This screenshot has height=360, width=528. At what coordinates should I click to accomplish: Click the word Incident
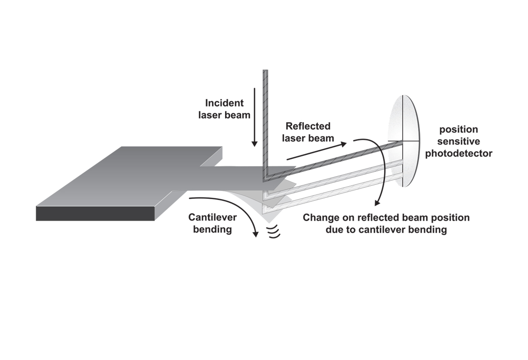pyautogui.click(x=224, y=103)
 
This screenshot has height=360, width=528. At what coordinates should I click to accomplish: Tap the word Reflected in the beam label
pyautogui.click(x=308, y=126)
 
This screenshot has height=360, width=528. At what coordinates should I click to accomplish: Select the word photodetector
pyautogui.click(x=458, y=154)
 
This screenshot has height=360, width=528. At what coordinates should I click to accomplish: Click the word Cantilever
pyautogui.click(x=213, y=217)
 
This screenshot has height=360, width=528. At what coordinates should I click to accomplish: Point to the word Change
pyautogui.click(x=321, y=217)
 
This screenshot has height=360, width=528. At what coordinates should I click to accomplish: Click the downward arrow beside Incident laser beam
pyautogui.click(x=254, y=117)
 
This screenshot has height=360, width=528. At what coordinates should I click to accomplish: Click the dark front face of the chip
pyautogui.click(x=96, y=213)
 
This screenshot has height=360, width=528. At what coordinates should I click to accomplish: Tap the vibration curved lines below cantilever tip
pyautogui.click(x=274, y=232)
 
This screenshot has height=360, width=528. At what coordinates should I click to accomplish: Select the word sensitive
pyautogui.click(x=458, y=142)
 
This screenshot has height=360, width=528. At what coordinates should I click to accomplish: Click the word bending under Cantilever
pyautogui.click(x=213, y=229)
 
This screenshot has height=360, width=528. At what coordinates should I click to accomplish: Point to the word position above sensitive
pyautogui.click(x=458, y=130)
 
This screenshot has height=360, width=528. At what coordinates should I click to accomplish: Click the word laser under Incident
pyautogui.click(x=209, y=115)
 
